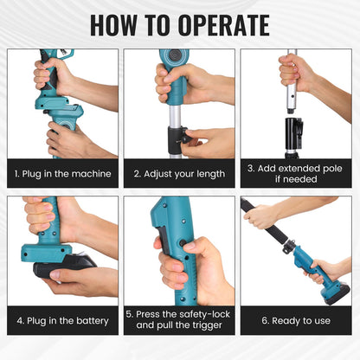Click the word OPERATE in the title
(223, 25)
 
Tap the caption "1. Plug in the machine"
(62, 174)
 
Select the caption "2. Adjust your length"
(179, 174)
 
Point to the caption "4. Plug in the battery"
(62, 321)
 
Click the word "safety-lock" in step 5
(204, 314)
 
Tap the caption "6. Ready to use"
(296, 321)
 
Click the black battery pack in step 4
(65, 266)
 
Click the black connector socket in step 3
(294, 133)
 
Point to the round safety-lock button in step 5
(183, 243)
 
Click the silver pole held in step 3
(292, 84)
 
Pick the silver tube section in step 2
(176, 116)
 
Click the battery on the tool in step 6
(337, 295)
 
